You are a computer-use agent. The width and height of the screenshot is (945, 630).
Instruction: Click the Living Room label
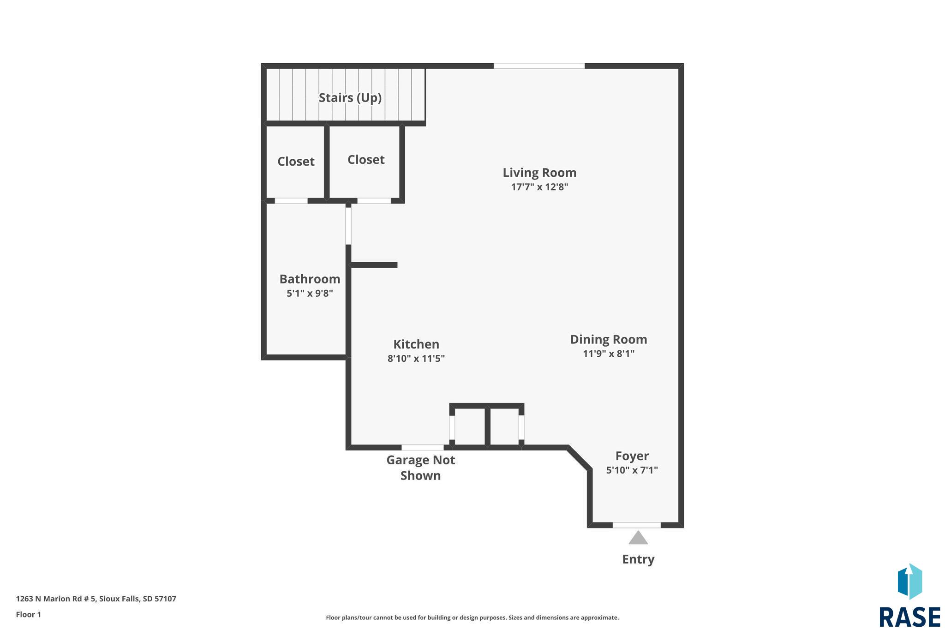[x=539, y=173]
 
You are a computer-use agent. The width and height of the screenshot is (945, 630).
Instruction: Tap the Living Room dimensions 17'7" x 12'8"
[x=539, y=187]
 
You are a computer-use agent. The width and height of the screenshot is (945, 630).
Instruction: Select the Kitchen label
[x=416, y=344]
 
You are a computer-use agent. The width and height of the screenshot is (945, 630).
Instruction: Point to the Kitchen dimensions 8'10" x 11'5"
[x=416, y=359]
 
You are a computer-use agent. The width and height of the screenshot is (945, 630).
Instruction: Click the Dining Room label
[x=609, y=340]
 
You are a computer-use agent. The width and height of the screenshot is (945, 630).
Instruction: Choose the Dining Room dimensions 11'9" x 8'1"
[x=609, y=354]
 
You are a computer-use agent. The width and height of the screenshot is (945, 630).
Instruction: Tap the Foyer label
[x=632, y=456]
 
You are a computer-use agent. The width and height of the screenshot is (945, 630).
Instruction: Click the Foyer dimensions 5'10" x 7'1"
[x=632, y=470]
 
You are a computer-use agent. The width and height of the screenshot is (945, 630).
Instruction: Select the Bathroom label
[x=310, y=279]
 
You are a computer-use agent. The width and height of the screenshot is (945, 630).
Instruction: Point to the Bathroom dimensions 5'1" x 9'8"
[x=310, y=294]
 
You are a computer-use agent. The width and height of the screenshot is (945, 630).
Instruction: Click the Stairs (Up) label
[x=350, y=98]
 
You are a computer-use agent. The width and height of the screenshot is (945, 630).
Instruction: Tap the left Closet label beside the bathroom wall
[x=296, y=162]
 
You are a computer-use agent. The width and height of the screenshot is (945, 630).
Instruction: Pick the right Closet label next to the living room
[x=366, y=160]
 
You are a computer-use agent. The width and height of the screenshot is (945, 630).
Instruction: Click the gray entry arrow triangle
[x=638, y=538]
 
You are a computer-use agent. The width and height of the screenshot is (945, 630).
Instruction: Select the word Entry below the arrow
[x=638, y=560]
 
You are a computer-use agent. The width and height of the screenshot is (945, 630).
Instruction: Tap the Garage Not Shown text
[x=421, y=468]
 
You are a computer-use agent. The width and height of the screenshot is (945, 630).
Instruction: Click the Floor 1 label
[x=29, y=615]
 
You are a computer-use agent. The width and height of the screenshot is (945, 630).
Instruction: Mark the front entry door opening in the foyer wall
[x=637, y=525]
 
